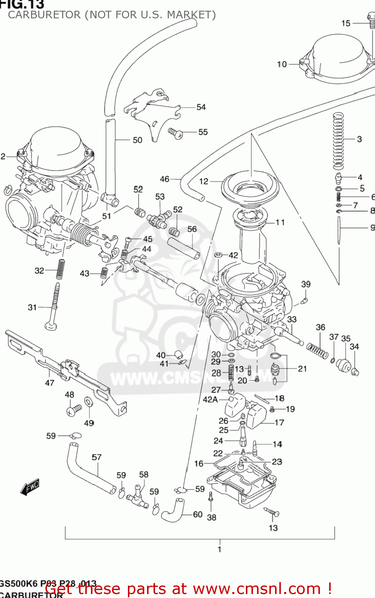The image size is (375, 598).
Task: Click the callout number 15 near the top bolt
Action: (346, 24)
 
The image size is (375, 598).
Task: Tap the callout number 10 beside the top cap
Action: (282, 64)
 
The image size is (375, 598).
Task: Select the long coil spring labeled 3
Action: (338, 140)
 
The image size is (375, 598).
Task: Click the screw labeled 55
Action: (175, 133)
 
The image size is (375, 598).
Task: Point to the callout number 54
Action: (201, 107)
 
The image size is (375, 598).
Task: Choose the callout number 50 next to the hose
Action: (137, 140)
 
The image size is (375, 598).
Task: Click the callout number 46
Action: (165, 179)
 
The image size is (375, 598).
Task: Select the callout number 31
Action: (32, 307)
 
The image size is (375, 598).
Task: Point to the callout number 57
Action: (96, 457)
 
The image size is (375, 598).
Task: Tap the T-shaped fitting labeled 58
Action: (137, 494)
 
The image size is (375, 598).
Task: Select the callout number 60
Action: (198, 514)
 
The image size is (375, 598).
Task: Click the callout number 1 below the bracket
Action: (219, 549)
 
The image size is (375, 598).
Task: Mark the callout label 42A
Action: (210, 399)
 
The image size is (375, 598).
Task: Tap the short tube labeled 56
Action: (183, 248)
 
